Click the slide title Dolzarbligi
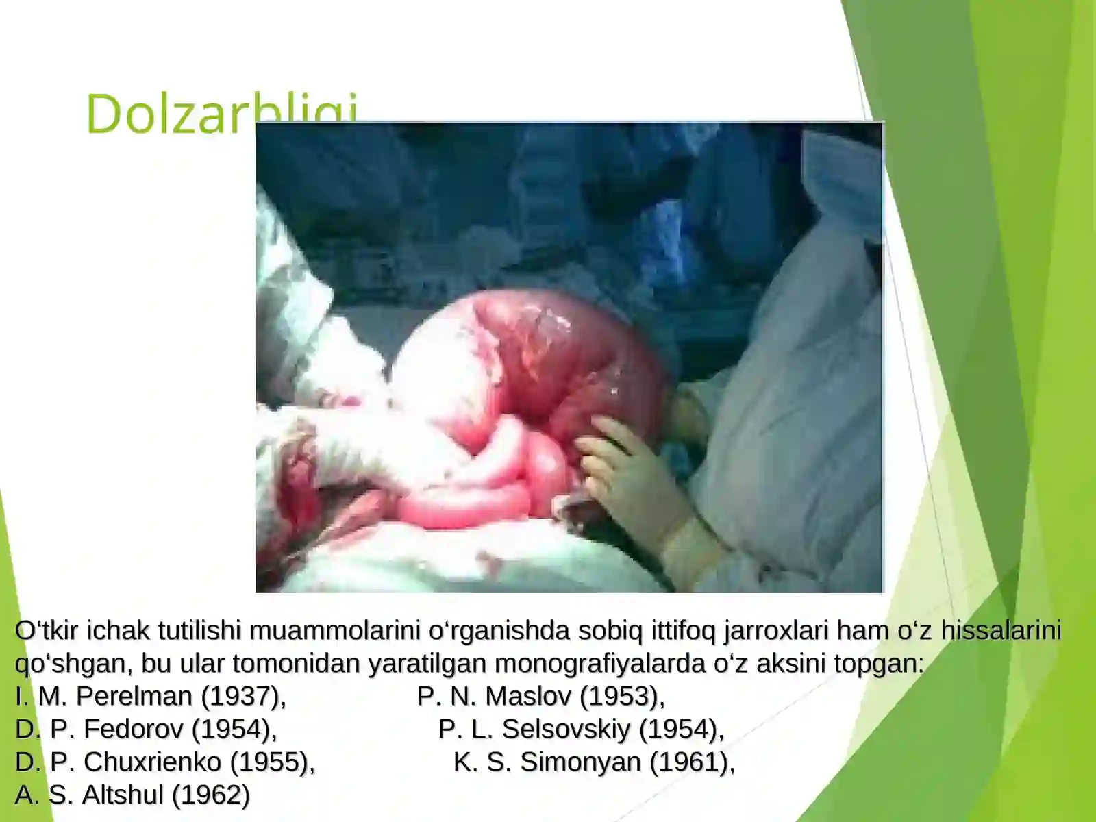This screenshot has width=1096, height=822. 171,113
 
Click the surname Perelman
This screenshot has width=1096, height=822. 134,696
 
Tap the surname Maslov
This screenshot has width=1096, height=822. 528,696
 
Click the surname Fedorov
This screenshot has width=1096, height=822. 133,729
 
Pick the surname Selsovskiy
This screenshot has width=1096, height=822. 566,729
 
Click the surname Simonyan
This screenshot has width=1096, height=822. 580,762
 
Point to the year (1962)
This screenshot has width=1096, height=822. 211,795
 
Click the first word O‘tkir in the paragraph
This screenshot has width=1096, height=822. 47,630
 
